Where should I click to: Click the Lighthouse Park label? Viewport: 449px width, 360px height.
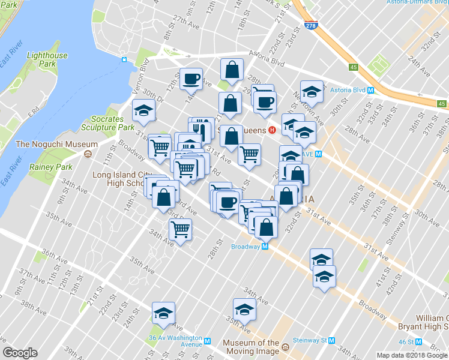pyautogui.click(x=47, y=60)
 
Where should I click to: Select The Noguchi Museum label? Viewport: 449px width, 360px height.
pyautogui.click(x=56, y=144)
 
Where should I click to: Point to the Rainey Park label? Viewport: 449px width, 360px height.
pyautogui.click(x=53, y=167)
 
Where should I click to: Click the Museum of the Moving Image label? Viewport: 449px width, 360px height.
pyautogui.click(x=251, y=347)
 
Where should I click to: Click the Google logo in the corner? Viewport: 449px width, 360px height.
pyautogui.click(x=20, y=353)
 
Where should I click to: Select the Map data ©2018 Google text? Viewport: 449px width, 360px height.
pyautogui.click(x=412, y=355)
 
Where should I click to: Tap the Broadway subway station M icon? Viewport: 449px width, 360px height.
pyautogui.click(x=264, y=247)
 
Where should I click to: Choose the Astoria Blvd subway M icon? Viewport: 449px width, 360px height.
pyautogui.click(x=370, y=91)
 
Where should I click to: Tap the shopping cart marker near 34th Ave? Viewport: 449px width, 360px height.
pyautogui.click(x=181, y=229)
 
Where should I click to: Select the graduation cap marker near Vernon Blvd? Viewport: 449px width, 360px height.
pyautogui.click(x=144, y=110)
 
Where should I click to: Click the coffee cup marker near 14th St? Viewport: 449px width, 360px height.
pyautogui.click(x=191, y=79)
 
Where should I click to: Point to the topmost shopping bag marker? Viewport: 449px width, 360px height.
pyautogui.click(x=231, y=70)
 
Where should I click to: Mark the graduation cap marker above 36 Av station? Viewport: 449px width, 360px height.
pyautogui.click(x=163, y=313)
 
